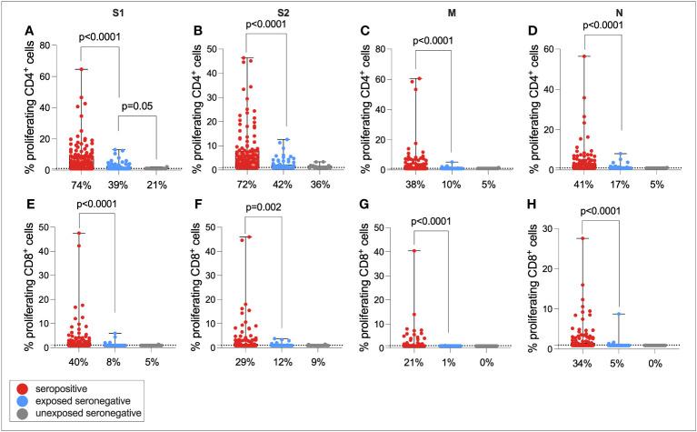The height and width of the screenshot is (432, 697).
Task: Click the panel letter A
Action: point(29,32)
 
